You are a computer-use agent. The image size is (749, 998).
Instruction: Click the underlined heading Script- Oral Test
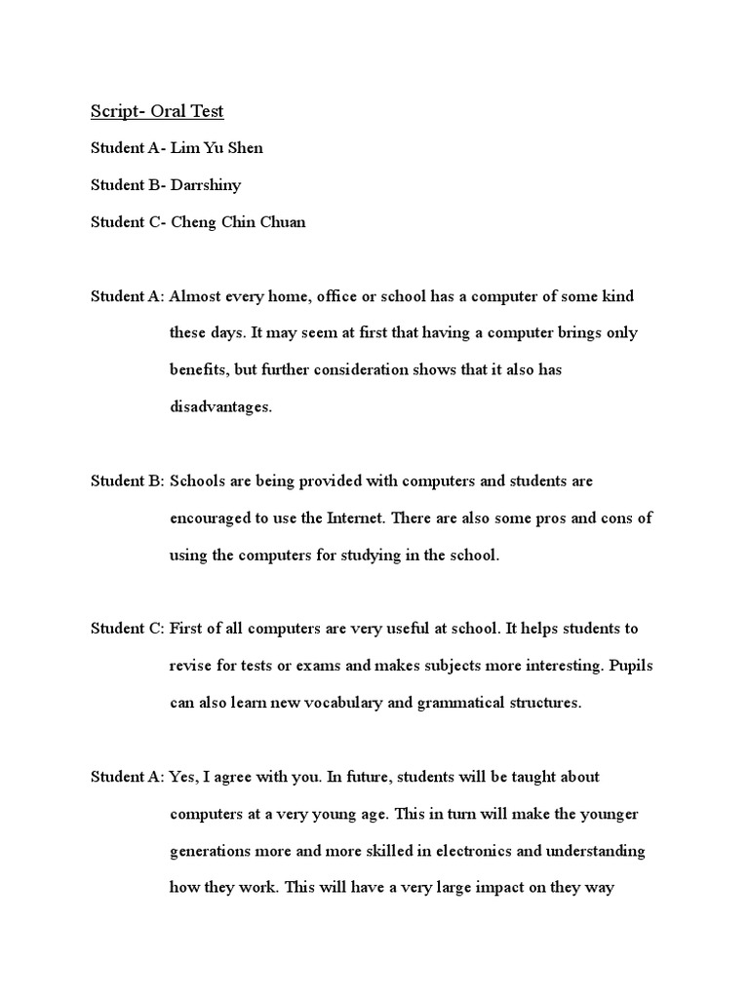point(157,111)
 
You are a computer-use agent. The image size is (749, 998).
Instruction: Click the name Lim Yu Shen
point(217,148)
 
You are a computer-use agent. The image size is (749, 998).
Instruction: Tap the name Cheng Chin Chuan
point(238,222)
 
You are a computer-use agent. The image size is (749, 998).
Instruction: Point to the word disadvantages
point(220,407)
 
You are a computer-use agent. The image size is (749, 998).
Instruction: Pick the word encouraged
point(209,518)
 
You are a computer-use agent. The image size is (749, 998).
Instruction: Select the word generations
point(211,852)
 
